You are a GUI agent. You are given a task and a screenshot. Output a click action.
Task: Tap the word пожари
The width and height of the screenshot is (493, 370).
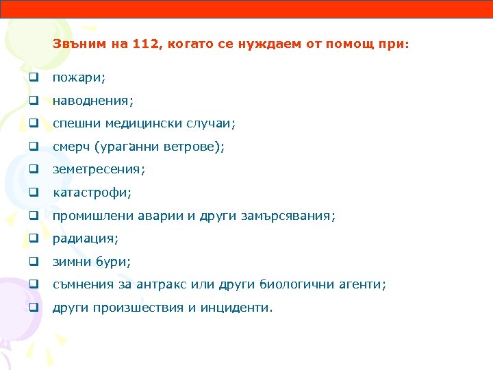pos(77,78)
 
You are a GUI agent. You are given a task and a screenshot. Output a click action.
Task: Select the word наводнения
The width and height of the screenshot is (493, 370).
pos(92,101)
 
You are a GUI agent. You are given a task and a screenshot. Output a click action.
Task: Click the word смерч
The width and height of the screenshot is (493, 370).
pos(71,147)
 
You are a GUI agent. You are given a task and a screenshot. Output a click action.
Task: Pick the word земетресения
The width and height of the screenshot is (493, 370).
pos(99,169)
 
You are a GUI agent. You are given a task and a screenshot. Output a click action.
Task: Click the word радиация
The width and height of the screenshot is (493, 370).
pos(84,238)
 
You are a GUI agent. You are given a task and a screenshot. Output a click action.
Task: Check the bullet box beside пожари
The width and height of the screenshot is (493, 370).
pos(32,78)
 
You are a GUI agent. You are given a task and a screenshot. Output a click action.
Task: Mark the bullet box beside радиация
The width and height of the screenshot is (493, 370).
pos(32,238)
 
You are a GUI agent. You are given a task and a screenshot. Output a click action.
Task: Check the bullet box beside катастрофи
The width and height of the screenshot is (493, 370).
pos(32,193)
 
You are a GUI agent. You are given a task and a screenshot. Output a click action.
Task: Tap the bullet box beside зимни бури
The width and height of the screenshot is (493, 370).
pos(32,262)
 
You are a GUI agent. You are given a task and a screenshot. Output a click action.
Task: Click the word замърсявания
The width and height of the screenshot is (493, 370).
pos(288,216)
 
